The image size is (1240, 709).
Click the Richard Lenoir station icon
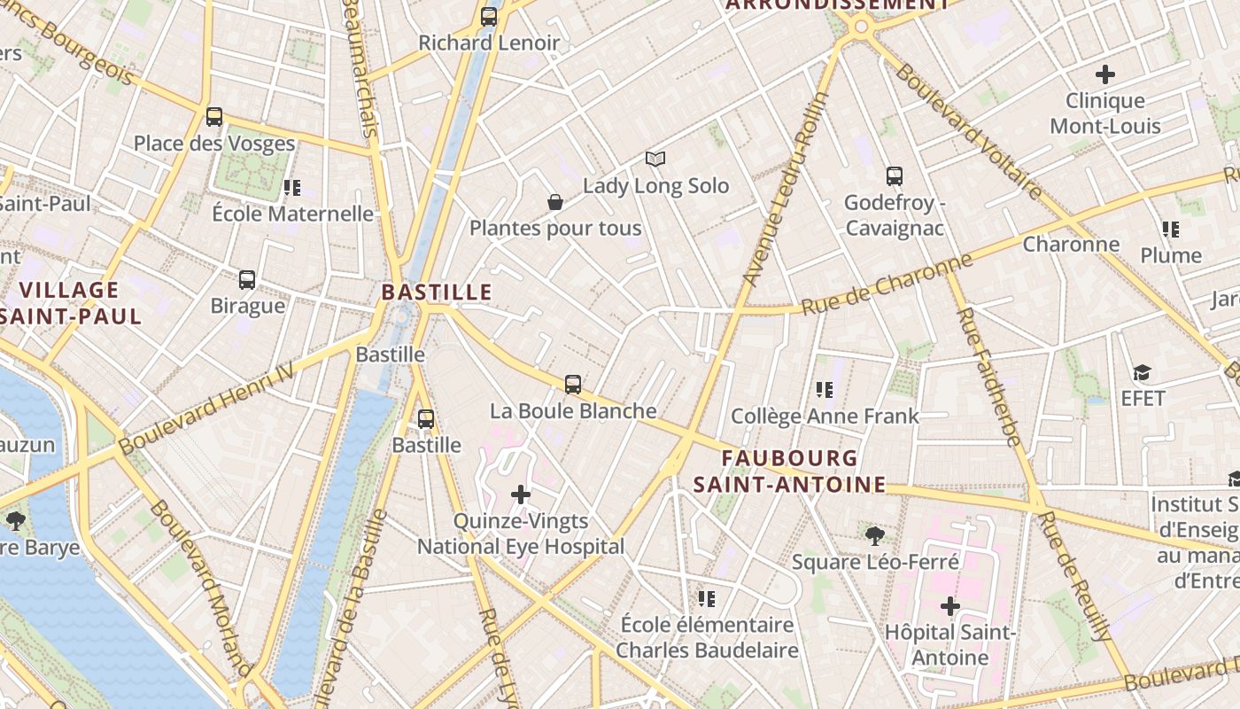point(489,16)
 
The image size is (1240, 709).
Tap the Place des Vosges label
point(214,144)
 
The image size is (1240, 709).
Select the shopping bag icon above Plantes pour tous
point(555,202)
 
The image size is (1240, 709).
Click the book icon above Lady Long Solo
point(655,159)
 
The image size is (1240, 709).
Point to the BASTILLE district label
point(437,292)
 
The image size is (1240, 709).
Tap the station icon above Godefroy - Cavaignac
point(895,176)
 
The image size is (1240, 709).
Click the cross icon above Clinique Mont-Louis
point(1105,74)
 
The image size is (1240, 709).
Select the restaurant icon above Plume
point(1171,230)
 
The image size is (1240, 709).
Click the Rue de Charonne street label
point(887,284)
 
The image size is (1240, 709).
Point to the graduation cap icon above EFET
point(1143,373)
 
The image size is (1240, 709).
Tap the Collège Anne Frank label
point(825,416)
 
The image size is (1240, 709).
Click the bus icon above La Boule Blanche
point(573,385)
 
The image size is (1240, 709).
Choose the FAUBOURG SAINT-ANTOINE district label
point(789,471)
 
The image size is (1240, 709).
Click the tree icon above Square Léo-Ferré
point(875,535)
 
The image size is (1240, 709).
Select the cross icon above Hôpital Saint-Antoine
point(950,606)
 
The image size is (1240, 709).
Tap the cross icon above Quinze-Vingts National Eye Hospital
point(521,495)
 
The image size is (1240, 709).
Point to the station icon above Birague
point(247,280)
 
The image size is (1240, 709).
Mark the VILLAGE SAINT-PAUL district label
point(69,303)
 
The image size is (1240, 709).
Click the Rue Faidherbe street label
point(988,376)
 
